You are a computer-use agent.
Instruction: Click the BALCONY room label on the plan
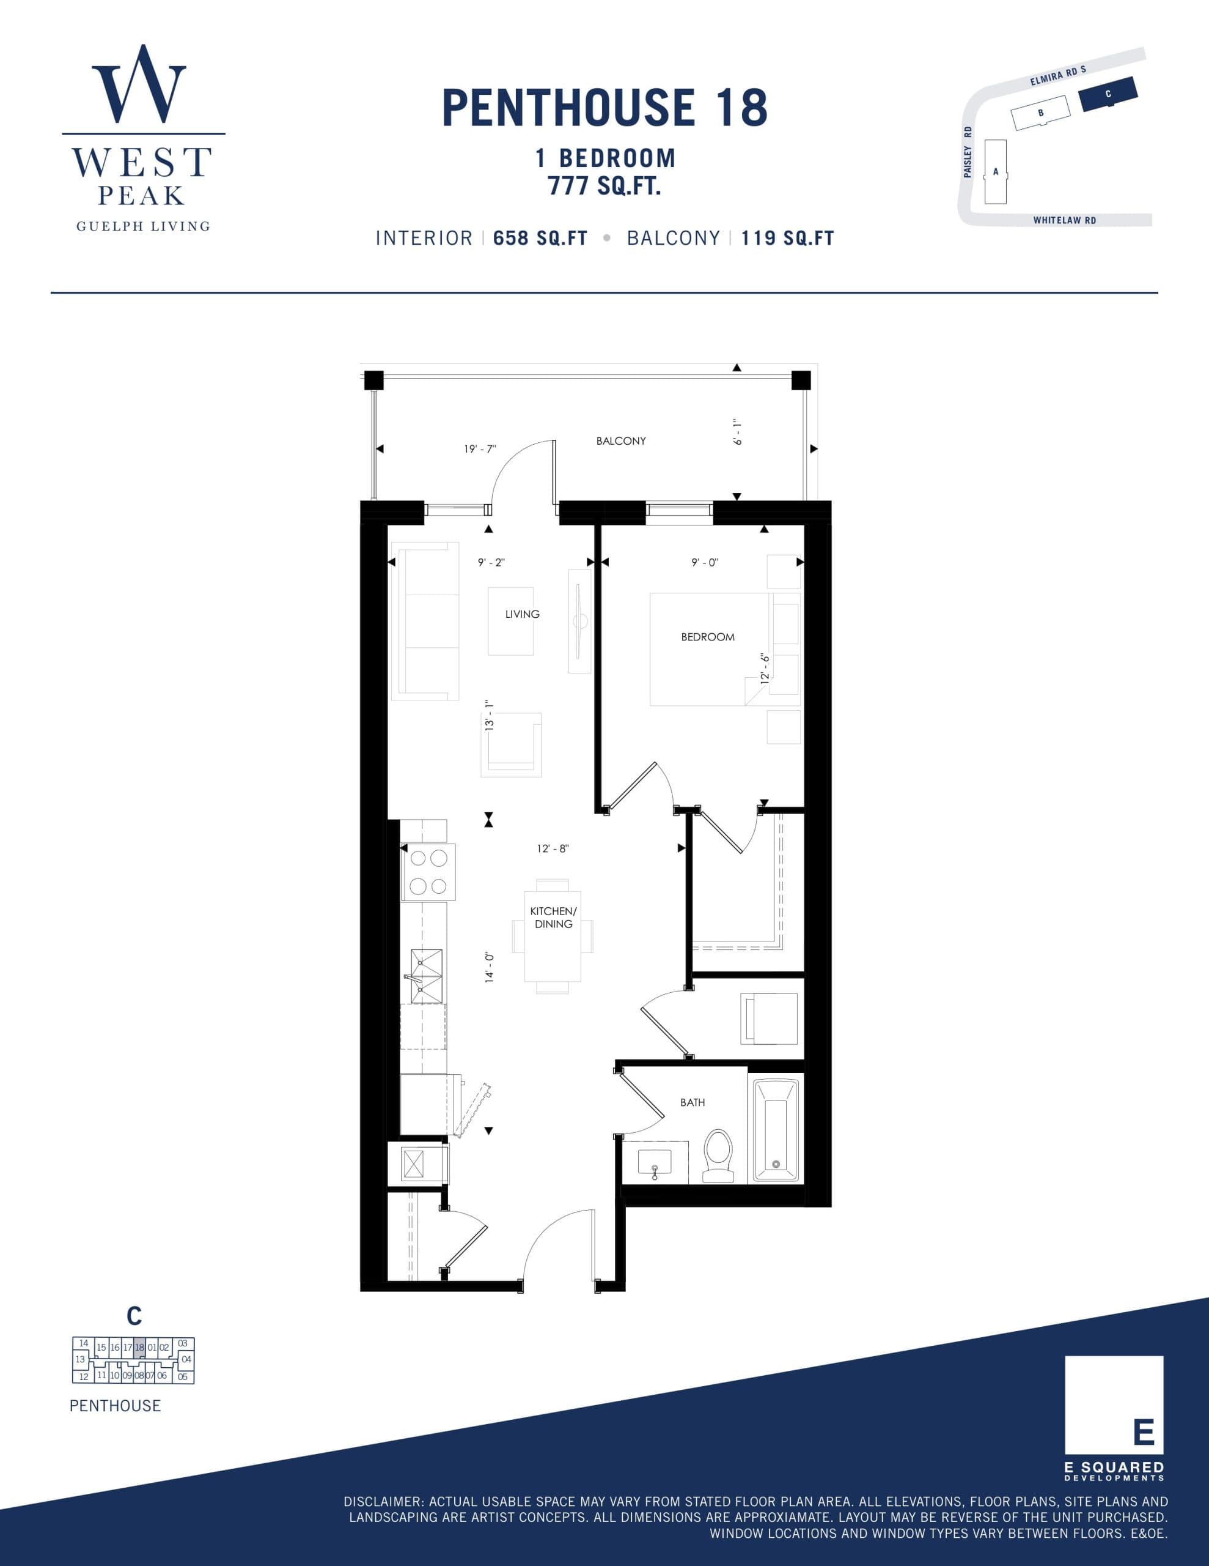pyautogui.click(x=620, y=441)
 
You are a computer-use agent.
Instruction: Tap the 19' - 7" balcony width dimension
pyautogui.click(x=479, y=450)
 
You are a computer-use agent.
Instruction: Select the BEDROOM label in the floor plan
pyautogui.click(x=707, y=637)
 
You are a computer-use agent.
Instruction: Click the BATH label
pyautogui.click(x=693, y=1102)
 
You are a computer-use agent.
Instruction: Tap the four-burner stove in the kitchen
pyautogui.click(x=428, y=872)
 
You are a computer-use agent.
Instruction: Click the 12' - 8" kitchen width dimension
pyautogui.click(x=553, y=848)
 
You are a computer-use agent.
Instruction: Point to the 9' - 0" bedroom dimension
pyautogui.click(x=705, y=563)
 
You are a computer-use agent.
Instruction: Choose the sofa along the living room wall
pyautogui.click(x=424, y=621)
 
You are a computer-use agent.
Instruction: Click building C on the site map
pyautogui.click(x=1108, y=94)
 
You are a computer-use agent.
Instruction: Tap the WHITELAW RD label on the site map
pyautogui.click(x=1064, y=220)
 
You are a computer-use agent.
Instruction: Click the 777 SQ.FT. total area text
pyautogui.click(x=604, y=187)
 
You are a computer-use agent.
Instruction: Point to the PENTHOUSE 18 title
pyautogui.click(x=604, y=108)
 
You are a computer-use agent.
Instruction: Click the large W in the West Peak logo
pyautogui.click(x=139, y=84)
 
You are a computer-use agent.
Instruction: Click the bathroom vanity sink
pyautogui.click(x=653, y=1162)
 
